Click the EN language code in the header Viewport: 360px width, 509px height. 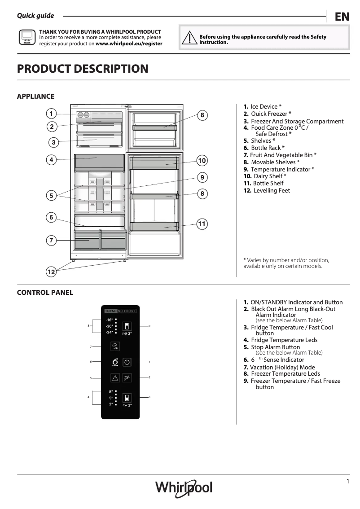click(x=342, y=17)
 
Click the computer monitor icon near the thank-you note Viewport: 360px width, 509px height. click(x=26, y=37)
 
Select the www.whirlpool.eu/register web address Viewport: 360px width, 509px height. click(x=129, y=44)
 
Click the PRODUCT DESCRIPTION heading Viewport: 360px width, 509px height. click(x=83, y=69)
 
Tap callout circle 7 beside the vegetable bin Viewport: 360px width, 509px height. click(x=51, y=241)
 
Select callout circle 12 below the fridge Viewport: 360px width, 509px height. click(x=51, y=272)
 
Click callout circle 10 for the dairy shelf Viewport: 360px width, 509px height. click(x=202, y=161)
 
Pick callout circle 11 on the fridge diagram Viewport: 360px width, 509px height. click(x=202, y=224)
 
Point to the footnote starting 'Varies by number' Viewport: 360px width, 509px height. click(x=286, y=263)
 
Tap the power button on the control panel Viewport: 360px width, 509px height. click(x=127, y=362)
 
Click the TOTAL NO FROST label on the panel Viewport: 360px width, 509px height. click(x=120, y=311)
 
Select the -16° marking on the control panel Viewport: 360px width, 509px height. click(x=110, y=320)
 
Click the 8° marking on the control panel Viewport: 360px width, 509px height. click(x=110, y=392)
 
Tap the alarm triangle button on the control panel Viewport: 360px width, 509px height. click(x=114, y=378)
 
